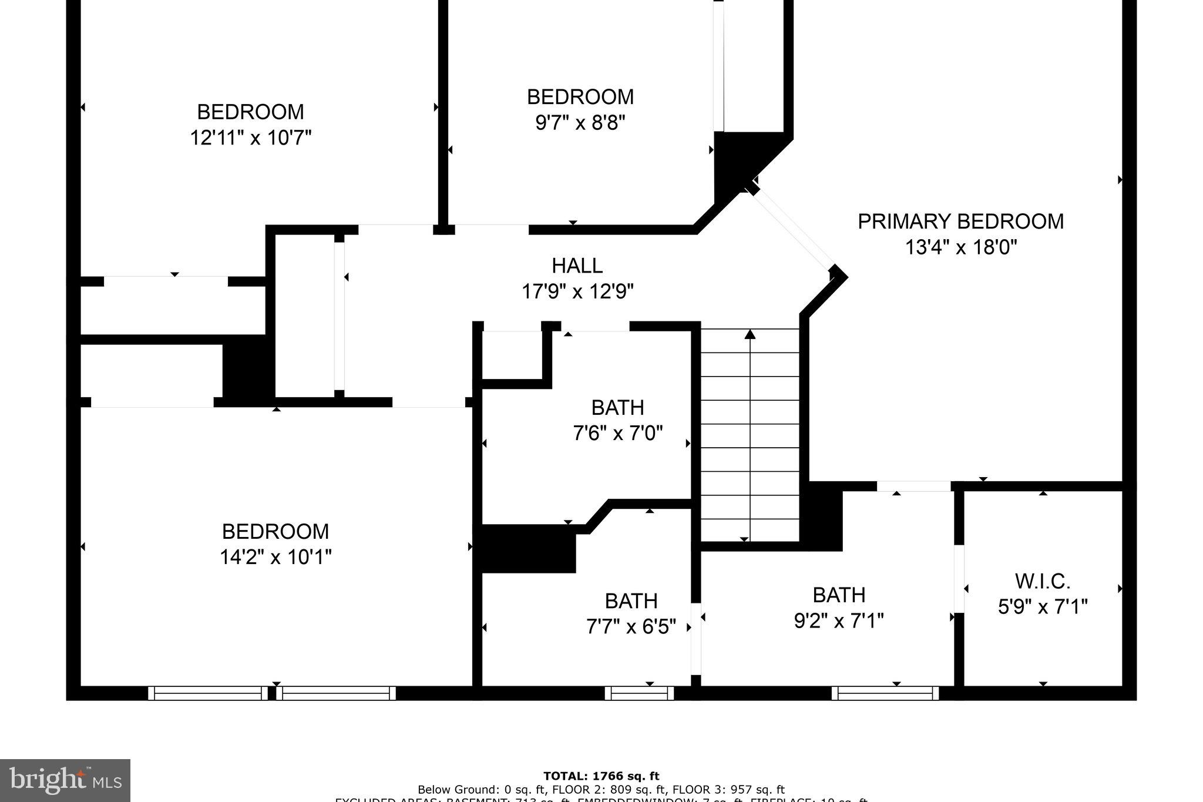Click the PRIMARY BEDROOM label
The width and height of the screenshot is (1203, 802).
point(960,222)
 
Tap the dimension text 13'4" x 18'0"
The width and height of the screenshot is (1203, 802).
point(960,247)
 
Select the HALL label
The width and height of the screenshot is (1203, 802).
point(577,266)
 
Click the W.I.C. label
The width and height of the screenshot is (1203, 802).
point(1042,581)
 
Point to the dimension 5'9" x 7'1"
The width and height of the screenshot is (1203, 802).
point(1042,606)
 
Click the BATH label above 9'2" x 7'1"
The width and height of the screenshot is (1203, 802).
point(839,595)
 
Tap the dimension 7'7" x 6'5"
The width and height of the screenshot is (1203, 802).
point(631,627)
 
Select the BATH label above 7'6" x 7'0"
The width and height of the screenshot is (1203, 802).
point(617,407)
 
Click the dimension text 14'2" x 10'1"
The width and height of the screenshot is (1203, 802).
point(275,556)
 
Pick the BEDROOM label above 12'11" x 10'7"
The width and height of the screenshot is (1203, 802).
point(250,112)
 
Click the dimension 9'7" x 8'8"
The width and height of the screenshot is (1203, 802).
point(580,123)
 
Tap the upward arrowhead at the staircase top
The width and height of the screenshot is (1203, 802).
point(750,334)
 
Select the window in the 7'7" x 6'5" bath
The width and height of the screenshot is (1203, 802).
point(639,693)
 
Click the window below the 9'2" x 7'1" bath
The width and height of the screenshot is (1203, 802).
point(885,693)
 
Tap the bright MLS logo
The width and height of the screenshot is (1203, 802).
point(65,780)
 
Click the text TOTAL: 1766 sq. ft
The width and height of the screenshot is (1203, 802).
point(601,776)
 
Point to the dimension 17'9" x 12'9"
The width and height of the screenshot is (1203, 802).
point(577,291)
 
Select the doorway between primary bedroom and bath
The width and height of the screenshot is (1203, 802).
point(913,486)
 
